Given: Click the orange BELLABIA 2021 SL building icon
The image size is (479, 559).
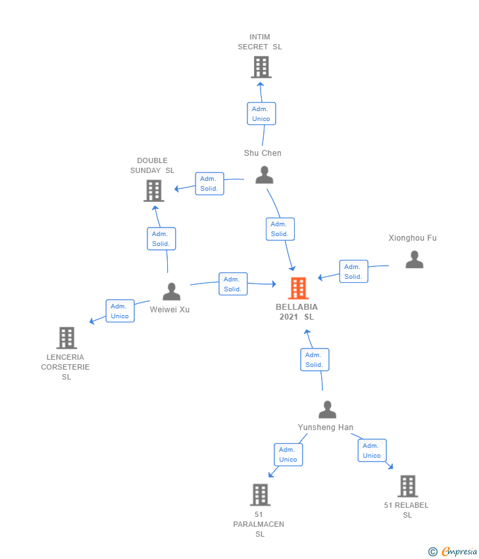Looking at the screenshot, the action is (x=298, y=288).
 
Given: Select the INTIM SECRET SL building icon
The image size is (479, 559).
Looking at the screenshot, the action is (x=261, y=67).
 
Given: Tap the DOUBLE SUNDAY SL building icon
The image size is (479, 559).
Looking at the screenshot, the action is (x=154, y=191).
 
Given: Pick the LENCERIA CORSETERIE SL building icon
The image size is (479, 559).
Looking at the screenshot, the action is (x=66, y=337).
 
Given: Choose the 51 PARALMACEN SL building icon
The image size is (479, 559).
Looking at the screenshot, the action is (x=260, y=495).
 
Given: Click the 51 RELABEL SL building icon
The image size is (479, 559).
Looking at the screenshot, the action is (x=408, y=486).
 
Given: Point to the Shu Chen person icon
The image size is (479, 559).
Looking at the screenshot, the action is (x=265, y=175).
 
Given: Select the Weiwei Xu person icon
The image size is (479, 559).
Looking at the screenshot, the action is (x=172, y=291).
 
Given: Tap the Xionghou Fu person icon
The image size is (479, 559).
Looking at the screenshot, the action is (x=415, y=259).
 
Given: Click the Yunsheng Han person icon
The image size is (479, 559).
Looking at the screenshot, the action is (x=328, y=409).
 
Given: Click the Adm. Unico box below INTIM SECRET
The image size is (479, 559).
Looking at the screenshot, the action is (x=261, y=114).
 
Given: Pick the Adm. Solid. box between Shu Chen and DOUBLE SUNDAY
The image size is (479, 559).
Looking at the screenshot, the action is (x=209, y=183).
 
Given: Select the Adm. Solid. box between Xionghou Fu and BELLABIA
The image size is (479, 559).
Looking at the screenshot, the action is (x=353, y=272).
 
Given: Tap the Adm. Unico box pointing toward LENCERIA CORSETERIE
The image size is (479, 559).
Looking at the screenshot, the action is (x=120, y=311).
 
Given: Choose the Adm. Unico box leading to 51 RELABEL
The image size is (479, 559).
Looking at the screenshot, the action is (x=372, y=450).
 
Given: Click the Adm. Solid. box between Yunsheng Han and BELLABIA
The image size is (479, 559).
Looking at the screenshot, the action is (x=315, y=360).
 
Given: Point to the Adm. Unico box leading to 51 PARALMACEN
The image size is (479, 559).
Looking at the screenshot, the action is (x=288, y=454).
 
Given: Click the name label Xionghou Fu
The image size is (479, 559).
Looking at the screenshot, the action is (x=413, y=238).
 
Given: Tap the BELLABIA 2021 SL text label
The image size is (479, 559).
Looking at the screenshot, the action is (x=297, y=312).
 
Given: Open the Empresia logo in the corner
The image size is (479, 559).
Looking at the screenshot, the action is (x=453, y=552).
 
